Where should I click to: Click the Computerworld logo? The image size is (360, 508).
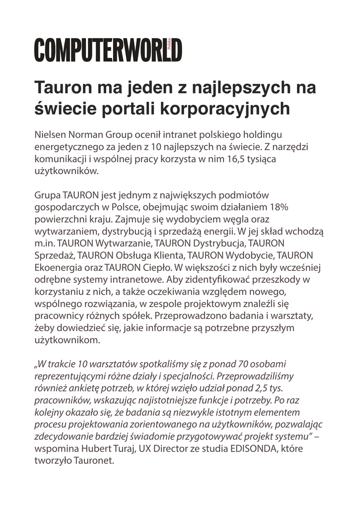(x=108, y=50)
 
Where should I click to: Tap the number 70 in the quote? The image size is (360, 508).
(x=232, y=364)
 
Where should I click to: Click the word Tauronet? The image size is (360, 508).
(x=95, y=460)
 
